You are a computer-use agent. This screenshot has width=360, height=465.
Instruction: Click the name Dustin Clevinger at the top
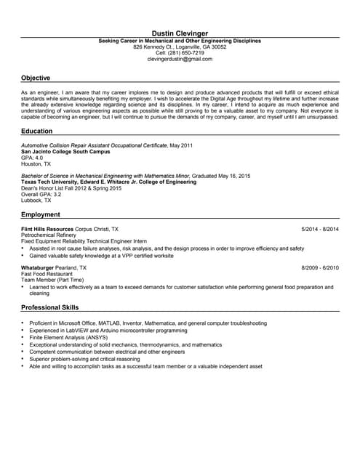tap(180, 33)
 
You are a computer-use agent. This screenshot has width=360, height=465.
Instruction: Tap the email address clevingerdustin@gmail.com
tap(180, 59)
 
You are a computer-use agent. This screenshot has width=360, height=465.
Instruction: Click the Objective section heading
tap(36, 78)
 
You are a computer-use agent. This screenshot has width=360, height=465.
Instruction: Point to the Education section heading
tap(36, 131)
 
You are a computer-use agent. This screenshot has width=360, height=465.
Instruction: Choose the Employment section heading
tap(40, 215)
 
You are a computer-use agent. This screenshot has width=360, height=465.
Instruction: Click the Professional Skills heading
tap(49, 308)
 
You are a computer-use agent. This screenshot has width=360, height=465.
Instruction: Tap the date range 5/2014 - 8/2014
tap(320, 230)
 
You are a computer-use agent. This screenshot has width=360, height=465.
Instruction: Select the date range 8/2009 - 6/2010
tap(320, 268)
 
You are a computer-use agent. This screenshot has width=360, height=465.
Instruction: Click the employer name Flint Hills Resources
tap(49, 230)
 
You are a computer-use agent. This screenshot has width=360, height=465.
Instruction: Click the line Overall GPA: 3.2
tap(41, 194)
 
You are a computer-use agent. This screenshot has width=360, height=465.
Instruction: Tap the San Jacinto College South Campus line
tap(65, 151)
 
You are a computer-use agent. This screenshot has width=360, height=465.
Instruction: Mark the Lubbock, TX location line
tap(36, 200)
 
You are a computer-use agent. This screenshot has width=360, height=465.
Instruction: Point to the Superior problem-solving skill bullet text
tap(84, 359)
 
